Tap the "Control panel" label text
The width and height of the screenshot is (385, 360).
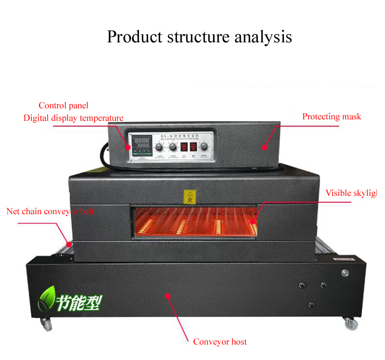[x=64, y=105]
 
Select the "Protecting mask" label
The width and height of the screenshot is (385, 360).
[x=332, y=116]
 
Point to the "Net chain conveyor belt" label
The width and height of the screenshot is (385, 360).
[x=51, y=211]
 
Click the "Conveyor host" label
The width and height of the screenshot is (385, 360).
[x=220, y=342]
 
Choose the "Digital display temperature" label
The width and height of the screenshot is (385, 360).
[x=74, y=118]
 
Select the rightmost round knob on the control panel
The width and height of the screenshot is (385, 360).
[x=205, y=146]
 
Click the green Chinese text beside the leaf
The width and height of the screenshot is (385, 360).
[x=79, y=302]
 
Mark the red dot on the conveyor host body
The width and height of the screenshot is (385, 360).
[x=168, y=295]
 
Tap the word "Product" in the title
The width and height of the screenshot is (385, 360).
[x=133, y=37]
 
